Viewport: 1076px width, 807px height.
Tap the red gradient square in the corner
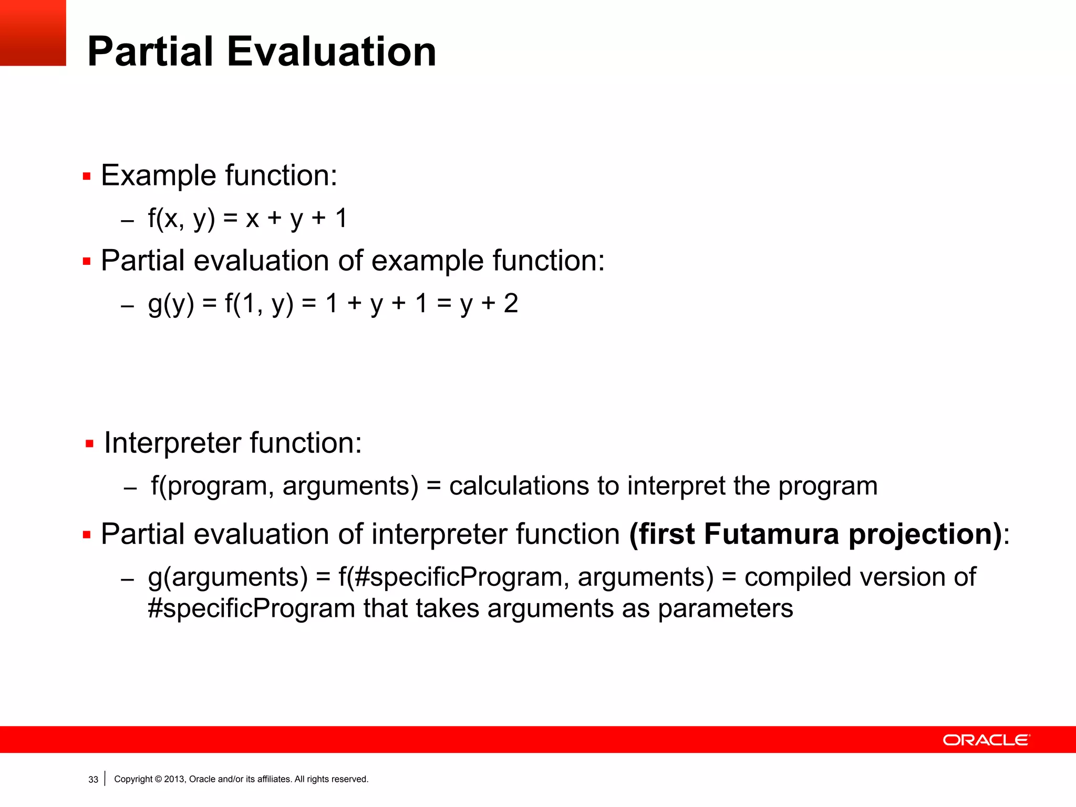(33, 33)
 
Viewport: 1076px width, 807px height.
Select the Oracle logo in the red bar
(986, 740)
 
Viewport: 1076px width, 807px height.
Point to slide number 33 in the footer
(93, 780)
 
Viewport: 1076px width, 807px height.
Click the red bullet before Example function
(87, 177)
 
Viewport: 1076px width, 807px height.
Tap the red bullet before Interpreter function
(89, 444)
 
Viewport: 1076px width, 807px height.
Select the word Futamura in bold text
(771, 534)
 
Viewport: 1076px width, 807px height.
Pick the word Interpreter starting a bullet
(172, 443)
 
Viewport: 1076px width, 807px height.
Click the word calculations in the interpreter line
(519, 486)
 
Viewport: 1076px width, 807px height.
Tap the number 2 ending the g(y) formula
(511, 303)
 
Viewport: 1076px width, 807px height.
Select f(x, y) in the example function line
(181, 218)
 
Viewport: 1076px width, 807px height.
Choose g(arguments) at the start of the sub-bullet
(227, 577)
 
